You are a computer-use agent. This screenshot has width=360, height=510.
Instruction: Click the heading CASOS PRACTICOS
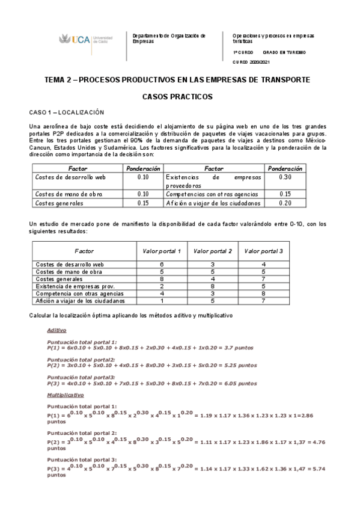[177, 96]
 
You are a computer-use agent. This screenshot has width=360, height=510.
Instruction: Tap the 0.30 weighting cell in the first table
[285, 177]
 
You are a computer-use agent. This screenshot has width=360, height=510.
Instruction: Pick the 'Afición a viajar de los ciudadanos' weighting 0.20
[285, 203]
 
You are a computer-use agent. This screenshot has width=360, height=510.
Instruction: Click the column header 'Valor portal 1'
[162, 250]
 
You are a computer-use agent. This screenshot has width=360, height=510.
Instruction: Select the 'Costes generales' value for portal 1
[162, 279]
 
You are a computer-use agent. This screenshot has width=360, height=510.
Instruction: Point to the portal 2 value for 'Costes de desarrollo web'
[213, 265]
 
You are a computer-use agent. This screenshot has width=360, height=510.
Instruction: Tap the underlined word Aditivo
[56, 330]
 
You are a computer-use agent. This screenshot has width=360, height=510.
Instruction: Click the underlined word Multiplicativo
[65, 395]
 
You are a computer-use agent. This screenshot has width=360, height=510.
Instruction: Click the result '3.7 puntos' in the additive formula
[240, 347]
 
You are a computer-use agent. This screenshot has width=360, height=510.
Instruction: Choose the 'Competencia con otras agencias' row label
[80, 293]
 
